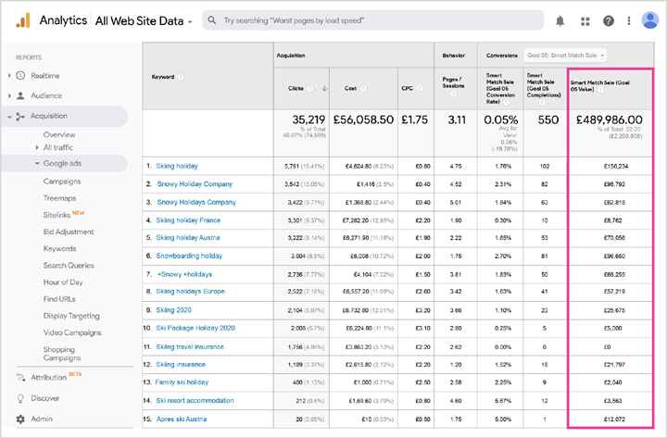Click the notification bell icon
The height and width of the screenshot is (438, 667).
(560, 20)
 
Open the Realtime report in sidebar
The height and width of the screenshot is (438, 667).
(45, 75)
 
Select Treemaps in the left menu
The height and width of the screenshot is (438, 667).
(60, 198)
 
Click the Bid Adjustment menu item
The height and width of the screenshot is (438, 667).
(69, 232)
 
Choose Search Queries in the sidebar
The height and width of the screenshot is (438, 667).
(68, 265)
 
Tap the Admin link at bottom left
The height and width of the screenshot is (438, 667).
(42, 419)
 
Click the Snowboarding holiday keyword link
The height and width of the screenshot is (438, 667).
(189, 256)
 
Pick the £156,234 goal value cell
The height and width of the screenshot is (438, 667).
(615, 166)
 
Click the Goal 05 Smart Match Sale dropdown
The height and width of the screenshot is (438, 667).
(565, 56)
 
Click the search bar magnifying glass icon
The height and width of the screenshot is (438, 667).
(212, 20)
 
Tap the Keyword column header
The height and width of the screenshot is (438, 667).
(163, 77)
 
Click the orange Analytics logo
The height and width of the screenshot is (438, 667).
(22, 19)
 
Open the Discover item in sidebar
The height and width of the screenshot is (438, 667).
(44, 398)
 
